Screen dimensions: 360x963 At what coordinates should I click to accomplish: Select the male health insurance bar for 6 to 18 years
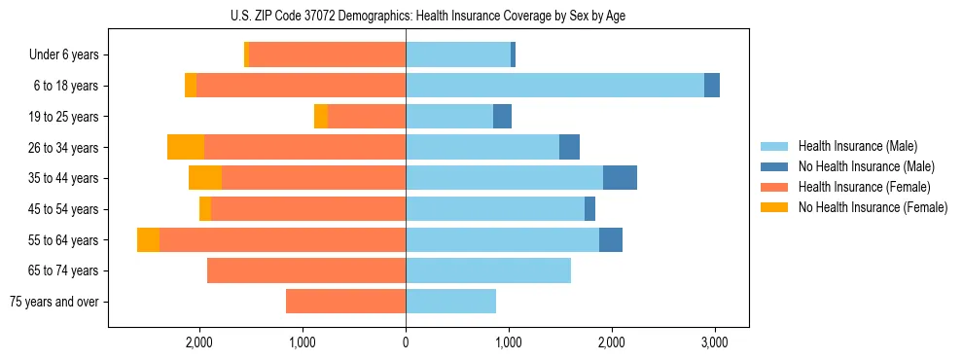point(554,86)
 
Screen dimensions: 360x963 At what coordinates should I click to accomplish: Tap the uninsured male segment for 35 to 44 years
point(620,178)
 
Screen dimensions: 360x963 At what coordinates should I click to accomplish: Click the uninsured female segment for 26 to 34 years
point(186,147)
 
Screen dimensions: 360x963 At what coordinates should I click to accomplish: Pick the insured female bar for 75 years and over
point(345,302)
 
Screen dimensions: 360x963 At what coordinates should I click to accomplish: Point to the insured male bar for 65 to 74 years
point(488,270)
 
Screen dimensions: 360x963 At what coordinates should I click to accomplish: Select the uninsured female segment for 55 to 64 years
point(148,240)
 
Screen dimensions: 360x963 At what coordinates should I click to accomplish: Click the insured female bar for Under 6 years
point(328,54)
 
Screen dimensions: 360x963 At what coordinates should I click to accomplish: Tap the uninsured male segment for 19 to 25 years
point(502,117)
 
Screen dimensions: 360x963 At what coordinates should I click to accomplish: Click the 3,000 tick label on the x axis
point(714,342)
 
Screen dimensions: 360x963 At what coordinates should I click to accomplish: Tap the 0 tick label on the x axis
point(406,342)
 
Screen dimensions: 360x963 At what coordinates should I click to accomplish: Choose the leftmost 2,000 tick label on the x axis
point(199,342)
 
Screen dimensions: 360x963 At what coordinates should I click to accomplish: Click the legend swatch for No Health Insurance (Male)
point(774,166)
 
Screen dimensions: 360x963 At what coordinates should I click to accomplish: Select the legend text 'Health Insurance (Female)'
point(865,187)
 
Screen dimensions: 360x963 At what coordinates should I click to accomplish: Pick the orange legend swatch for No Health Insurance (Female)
point(774,207)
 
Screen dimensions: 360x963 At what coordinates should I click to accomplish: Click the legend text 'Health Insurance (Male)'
point(859,146)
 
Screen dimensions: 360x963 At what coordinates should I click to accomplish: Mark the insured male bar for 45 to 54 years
point(495,209)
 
